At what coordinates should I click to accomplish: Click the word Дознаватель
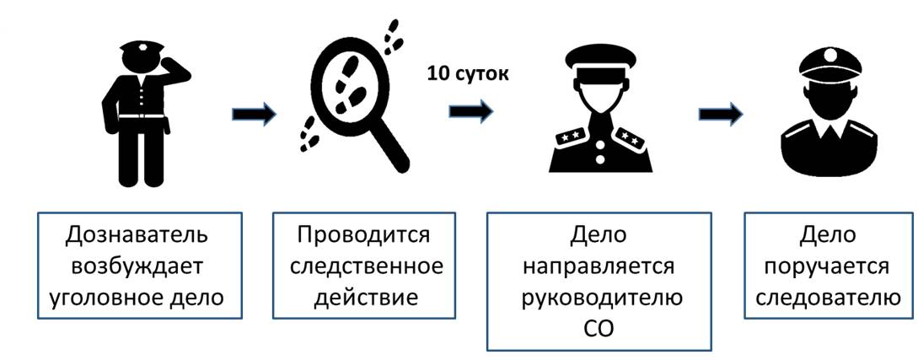139,234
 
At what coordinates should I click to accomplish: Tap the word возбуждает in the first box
138,266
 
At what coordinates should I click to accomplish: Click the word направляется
599,266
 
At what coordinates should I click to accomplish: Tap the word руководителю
599,298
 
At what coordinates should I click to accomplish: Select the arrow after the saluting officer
253,115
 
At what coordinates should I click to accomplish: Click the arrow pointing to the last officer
722,114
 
